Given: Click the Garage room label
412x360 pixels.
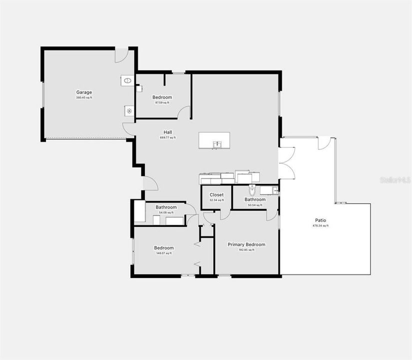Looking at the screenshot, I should click(84, 92).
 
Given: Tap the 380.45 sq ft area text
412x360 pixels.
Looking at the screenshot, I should click(84, 97).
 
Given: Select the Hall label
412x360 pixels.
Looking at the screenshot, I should click(168, 132).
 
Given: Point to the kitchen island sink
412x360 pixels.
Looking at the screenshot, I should click(217, 144).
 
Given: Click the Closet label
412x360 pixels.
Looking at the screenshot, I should click(217, 194).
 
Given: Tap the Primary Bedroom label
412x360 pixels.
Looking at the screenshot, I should click(246, 244).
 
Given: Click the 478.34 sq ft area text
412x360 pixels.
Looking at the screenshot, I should click(321, 225).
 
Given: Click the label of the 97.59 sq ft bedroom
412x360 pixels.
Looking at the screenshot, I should click(162, 97).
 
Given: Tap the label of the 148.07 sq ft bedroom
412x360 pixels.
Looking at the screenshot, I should click(164, 248).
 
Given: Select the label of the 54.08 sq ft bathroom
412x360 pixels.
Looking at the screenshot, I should click(166, 207).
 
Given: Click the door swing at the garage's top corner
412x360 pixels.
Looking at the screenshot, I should click(121, 55).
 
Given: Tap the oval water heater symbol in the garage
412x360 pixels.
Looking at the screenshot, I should click(128, 80).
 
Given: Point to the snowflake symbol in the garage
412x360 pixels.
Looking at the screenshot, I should click(129, 111).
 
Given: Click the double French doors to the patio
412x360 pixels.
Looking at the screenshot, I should click(287, 163).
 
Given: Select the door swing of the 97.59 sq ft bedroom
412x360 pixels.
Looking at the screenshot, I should click(184, 112).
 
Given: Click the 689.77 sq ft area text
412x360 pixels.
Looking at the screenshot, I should click(168, 137).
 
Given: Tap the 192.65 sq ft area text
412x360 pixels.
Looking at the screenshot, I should click(246, 250).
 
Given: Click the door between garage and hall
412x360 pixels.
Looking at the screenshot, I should click(128, 130).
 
